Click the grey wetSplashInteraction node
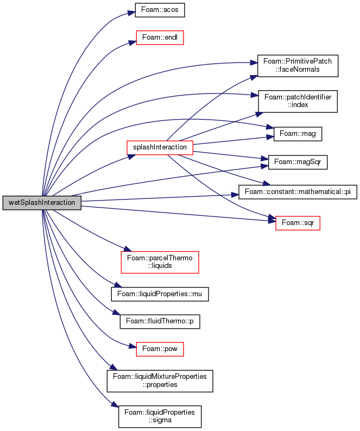pyautogui.click(x=42, y=203)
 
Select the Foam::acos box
pyautogui.click(x=160, y=10)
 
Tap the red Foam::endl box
pyautogui.click(x=160, y=38)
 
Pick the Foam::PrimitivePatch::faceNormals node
pyautogui.click(x=298, y=66)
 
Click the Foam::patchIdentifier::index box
pyautogui.click(x=298, y=101)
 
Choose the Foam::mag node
pyautogui.click(x=298, y=134)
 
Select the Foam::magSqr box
pyautogui.click(x=298, y=162)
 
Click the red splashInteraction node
pyautogui.click(x=160, y=148)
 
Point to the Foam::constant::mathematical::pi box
pyautogui.click(x=298, y=192)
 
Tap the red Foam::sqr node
pyautogui.click(x=298, y=223)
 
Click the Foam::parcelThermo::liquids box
pyautogui.click(x=160, y=262)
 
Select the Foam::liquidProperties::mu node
pyautogui.click(x=160, y=294)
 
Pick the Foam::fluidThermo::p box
pyautogui.click(x=160, y=321)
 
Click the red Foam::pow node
pyautogui.click(x=160, y=349)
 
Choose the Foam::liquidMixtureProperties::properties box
pyautogui.click(x=160, y=381)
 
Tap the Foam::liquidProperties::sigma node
pyautogui.click(x=160, y=416)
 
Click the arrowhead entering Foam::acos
pyautogui.click(x=131, y=13)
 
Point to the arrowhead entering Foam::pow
pyautogui.click(x=132, y=347)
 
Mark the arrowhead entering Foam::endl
pyautogui.click(x=132, y=42)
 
